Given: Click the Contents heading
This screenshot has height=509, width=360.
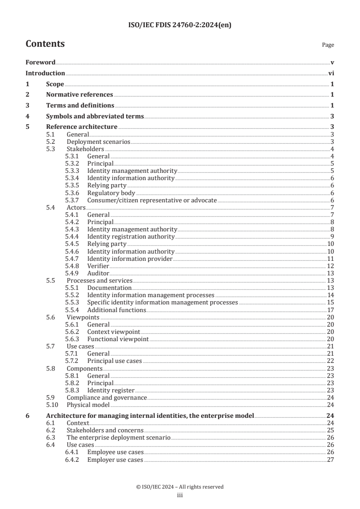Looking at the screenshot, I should [45, 44].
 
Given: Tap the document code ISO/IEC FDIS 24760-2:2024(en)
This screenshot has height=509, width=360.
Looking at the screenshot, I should [180, 25].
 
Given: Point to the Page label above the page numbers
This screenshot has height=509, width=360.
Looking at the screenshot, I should [327, 45].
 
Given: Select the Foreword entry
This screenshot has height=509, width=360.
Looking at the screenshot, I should [40, 62].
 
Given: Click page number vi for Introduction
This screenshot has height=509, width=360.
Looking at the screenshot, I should [331, 73].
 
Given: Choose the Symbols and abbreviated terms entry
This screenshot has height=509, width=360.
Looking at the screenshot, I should [95, 116].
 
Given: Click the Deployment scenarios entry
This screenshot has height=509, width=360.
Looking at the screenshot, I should [98, 142].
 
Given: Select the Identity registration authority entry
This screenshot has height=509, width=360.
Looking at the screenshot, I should [131, 236].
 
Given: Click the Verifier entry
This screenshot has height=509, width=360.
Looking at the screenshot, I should [99, 265].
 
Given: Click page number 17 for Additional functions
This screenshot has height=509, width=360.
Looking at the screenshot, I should [330, 310].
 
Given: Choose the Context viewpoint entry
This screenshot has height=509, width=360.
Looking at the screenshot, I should [113, 332].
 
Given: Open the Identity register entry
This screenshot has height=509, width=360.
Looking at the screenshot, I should [111, 390].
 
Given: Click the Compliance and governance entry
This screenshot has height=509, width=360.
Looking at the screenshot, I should [107, 397].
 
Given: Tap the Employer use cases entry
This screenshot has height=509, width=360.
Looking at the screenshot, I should [115, 460].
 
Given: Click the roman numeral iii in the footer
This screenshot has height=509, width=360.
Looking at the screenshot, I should [180, 495].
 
